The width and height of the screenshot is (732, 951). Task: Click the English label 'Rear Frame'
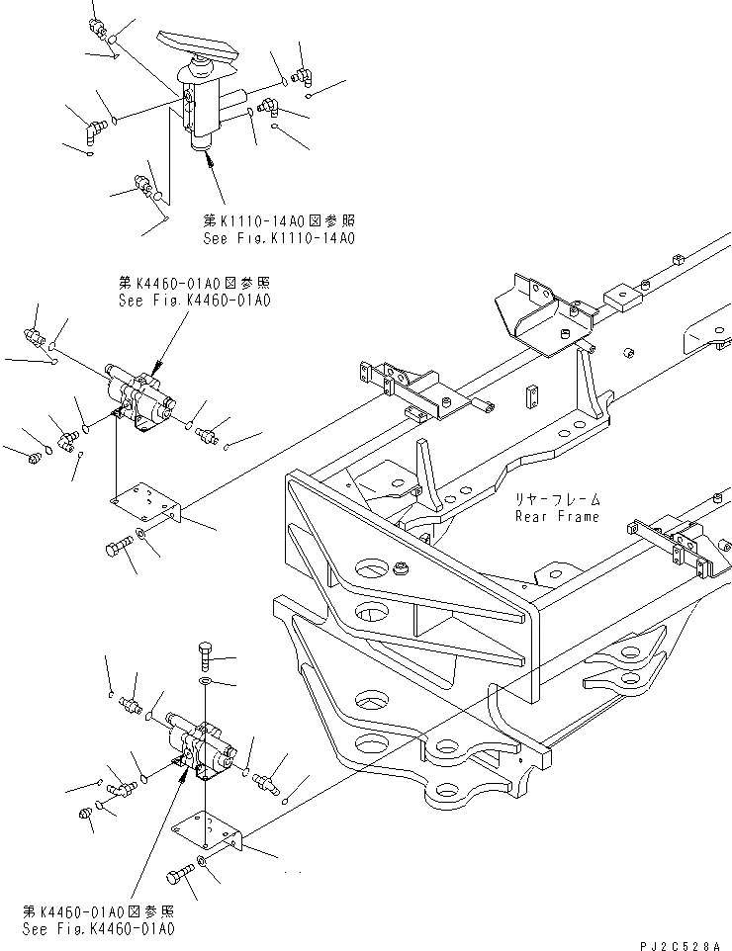click(x=556, y=516)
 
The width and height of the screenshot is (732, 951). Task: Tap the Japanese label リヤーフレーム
click(x=557, y=501)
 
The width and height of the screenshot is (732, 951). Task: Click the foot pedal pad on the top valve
click(x=203, y=43)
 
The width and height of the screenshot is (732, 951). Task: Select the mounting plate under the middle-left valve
click(x=146, y=502)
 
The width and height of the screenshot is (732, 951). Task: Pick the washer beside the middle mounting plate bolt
click(x=144, y=534)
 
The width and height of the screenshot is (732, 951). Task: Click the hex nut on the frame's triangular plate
click(x=404, y=568)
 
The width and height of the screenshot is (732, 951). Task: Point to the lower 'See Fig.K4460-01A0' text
click(x=97, y=929)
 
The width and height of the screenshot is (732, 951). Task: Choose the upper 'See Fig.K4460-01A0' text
click(x=194, y=300)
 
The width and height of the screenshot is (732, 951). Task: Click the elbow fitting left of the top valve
click(x=95, y=130)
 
